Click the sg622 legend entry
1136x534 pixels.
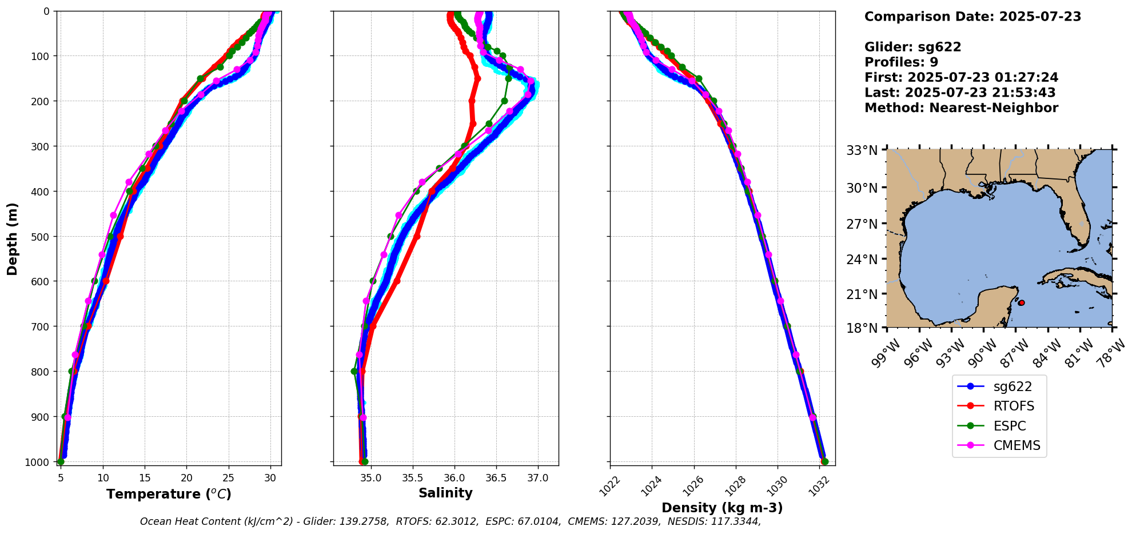point(1012,386)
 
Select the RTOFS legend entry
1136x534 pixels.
point(1014,407)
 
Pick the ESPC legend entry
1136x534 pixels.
point(1010,426)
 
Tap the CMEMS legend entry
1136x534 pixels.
point(1017,445)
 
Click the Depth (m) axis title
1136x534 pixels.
point(13,239)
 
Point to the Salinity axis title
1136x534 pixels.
point(445,493)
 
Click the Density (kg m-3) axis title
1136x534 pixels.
point(722,508)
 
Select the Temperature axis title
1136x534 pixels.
point(169,494)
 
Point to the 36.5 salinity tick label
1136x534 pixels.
point(496,477)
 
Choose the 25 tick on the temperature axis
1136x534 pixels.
point(229,477)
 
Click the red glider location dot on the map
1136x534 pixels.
point(1021,302)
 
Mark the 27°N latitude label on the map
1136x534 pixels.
point(862,224)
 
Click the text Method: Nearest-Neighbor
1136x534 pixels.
point(961,108)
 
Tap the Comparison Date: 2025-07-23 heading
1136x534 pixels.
point(972,17)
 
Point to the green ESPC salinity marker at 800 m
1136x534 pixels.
point(354,372)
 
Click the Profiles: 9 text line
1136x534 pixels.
point(901,62)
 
